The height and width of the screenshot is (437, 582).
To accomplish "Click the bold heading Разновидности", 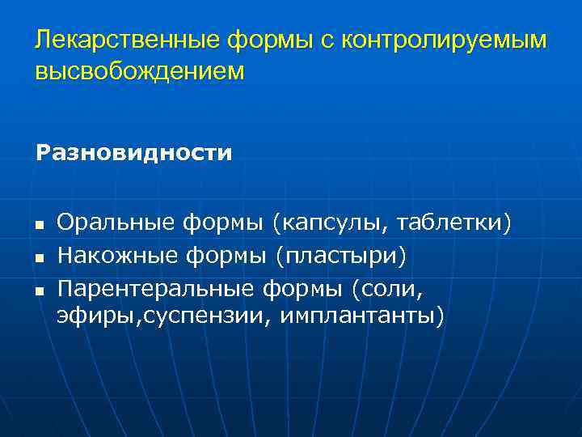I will tap(133, 153).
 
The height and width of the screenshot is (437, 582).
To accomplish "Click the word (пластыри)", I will tap(339, 256).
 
